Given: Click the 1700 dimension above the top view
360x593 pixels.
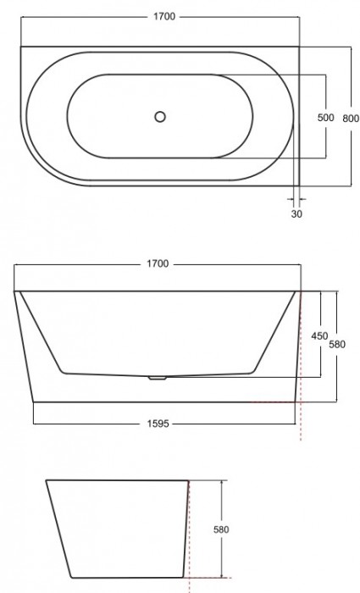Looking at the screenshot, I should point(158,16).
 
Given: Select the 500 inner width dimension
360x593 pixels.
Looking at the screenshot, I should point(325,118).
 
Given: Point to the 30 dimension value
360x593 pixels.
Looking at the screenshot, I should point(296,214).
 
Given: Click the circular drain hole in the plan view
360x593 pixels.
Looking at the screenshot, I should point(158,117).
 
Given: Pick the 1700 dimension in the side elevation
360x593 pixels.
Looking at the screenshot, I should point(158,263).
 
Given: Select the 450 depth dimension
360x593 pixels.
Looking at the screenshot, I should point(319,335).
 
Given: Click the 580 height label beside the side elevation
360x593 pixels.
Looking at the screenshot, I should point(336,346).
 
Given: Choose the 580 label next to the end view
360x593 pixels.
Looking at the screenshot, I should point(223,530).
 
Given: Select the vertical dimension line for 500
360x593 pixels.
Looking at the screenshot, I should point(325,93).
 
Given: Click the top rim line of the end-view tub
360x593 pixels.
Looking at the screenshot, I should point(117,481).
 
